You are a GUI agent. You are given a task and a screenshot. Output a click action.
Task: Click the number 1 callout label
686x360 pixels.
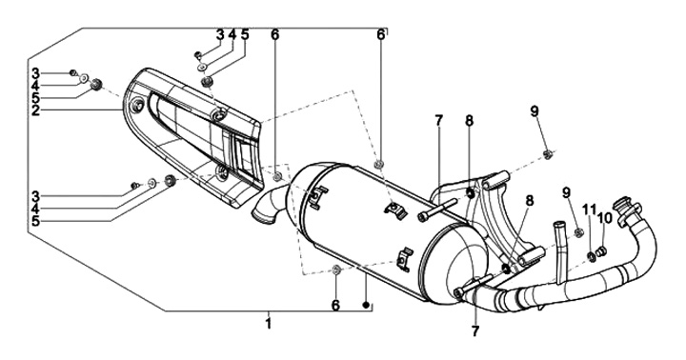point(268,324)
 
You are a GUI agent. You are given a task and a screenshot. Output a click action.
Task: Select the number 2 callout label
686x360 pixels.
point(36,110)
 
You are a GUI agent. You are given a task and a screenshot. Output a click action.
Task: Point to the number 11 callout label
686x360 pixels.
point(589,210)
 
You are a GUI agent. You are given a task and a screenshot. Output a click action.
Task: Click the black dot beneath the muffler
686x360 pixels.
point(367,305)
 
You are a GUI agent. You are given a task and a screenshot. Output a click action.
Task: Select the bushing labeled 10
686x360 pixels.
point(602,251)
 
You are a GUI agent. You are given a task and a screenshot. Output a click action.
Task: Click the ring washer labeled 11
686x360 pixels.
point(591,256)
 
